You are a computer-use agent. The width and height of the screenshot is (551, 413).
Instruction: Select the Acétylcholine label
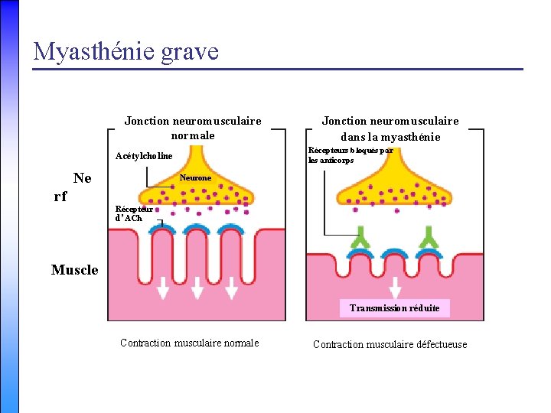(144, 156)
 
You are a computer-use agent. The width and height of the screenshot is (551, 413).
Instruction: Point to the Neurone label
(195, 177)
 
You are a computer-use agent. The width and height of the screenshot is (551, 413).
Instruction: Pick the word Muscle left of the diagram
(75, 269)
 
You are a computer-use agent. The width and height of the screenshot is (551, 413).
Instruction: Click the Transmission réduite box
(395, 308)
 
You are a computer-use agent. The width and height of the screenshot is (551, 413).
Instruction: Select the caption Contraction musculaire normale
(190, 343)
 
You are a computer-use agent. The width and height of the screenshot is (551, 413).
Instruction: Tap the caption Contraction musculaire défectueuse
(390, 344)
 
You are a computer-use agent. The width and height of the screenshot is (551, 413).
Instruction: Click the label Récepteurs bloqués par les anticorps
(350, 155)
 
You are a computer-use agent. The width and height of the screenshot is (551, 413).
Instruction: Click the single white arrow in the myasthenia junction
(395, 288)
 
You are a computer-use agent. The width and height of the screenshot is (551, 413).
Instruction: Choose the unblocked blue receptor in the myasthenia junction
(396, 255)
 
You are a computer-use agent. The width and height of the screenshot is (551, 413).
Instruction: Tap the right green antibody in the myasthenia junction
(430, 241)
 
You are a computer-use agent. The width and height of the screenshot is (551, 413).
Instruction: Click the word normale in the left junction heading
(193, 135)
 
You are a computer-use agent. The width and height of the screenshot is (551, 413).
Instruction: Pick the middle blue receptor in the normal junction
(197, 229)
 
